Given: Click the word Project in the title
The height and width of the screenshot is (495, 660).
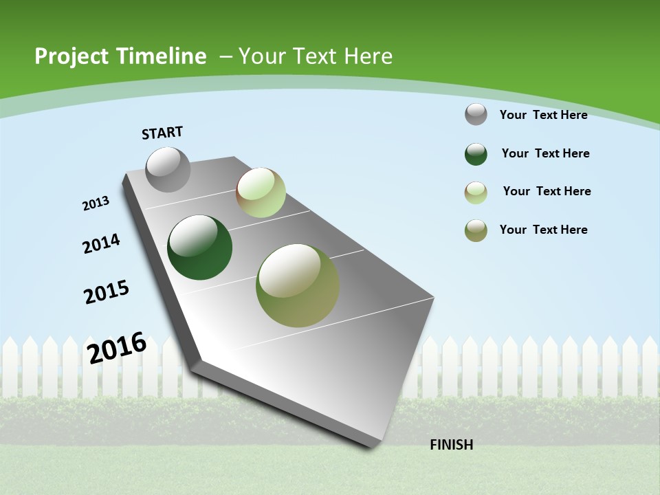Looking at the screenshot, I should pyautogui.click(x=67, y=56).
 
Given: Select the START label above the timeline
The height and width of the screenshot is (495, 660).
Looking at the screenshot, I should pyautogui.click(x=162, y=133).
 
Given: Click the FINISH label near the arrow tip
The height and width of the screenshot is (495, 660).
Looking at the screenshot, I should pyautogui.click(x=452, y=445).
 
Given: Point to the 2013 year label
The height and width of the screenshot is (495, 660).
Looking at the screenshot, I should pyautogui.click(x=96, y=203).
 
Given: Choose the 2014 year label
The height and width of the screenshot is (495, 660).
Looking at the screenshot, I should pyautogui.click(x=101, y=243).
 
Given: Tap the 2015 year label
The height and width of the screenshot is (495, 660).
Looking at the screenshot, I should pyautogui.click(x=107, y=291).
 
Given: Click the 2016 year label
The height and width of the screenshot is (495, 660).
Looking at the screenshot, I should pyautogui.click(x=117, y=347).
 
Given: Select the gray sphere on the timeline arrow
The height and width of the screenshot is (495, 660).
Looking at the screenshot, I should pyautogui.click(x=168, y=169).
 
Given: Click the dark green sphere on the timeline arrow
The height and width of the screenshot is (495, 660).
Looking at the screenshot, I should pyautogui.click(x=200, y=247).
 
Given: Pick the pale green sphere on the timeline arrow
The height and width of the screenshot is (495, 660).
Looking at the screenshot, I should pyautogui.click(x=261, y=192).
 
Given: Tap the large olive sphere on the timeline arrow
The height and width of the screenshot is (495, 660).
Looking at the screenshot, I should pyautogui.click(x=298, y=285).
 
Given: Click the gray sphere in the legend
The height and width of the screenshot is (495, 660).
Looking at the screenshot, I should pyautogui.click(x=476, y=114).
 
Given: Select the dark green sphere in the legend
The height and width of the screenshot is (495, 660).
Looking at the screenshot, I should pyautogui.click(x=476, y=154).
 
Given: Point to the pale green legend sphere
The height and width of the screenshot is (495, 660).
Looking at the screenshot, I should pyautogui.click(x=476, y=192).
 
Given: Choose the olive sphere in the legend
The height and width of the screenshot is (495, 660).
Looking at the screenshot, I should pyautogui.click(x=476, y=230).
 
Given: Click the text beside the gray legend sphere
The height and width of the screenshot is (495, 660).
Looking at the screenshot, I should pyautogui.click(x=543, y=115).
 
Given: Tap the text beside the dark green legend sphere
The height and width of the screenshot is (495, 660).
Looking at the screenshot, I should pyautogui.click(x=545, y=153).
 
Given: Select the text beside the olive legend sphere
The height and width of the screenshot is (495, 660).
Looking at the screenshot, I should pyautogui.click(x=543, y=230).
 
